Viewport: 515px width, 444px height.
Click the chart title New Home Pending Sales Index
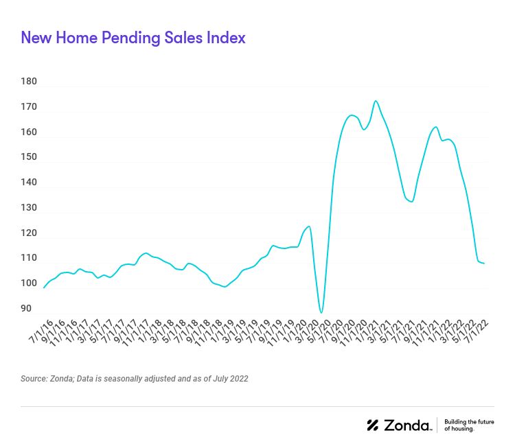pos(133,38)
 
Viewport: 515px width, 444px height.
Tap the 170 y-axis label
pos(29,108)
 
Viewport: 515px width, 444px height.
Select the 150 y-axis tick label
pos(29,158)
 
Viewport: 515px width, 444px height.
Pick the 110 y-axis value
pos(29,259)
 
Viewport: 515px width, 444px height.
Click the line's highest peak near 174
pos(376,101)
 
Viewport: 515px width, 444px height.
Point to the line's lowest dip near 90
pos(321,313)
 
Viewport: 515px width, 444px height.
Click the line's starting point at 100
pos(44,288)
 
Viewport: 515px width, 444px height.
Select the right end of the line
pos(485,264)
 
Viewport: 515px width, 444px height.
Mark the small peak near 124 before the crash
pos(309,226)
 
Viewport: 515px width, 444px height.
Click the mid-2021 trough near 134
pos(411,201)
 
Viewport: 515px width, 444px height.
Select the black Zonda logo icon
pos(373,425)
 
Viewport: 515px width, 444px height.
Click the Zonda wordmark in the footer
pos(408,425)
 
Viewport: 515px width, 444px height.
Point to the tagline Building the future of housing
pos(469,425)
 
